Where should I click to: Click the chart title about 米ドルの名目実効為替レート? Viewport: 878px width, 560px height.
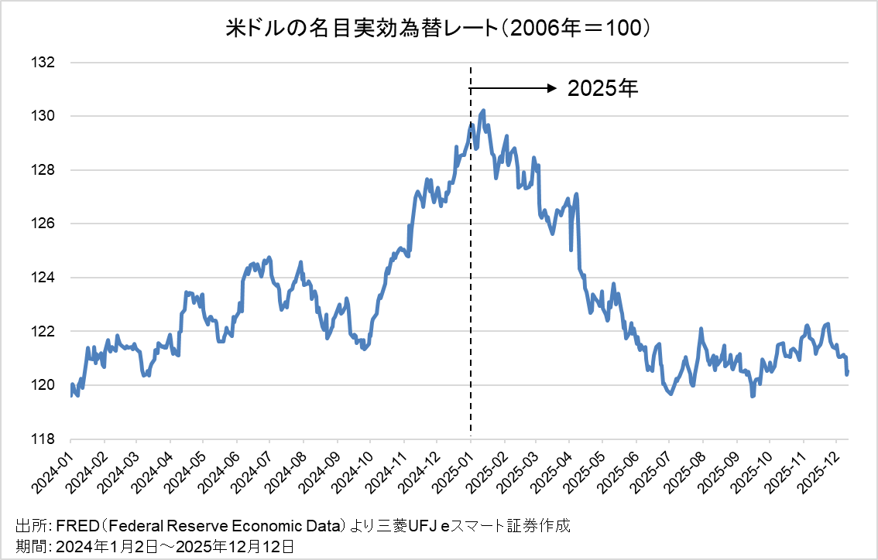(438, 29)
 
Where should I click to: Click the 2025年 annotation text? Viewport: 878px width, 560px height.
(602, 89)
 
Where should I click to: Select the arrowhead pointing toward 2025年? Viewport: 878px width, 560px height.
(554, 89)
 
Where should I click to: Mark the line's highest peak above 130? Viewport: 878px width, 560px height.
(483, 111)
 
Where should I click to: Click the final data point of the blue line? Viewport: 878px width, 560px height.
(847, 373)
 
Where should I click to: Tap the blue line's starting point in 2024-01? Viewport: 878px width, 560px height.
(71, 394)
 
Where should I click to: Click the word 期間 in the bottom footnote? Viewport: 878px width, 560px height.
(28, 547)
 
